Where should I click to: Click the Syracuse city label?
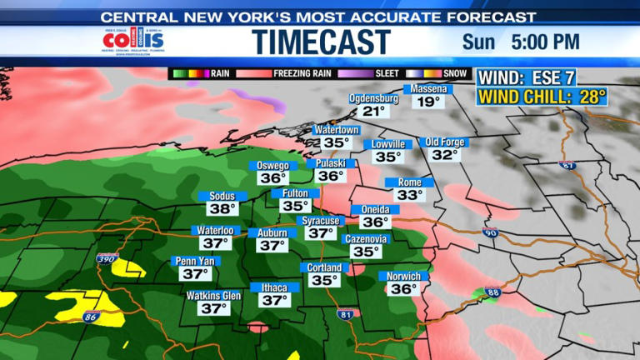pyautogui.click(x=320, y=221)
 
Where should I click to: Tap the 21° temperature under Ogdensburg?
pyautogui.click(x=375, y=111)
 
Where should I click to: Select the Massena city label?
pyautogui.click(x=428, y=89)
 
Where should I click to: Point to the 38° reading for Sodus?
pyautogui.click(x=223, y=208)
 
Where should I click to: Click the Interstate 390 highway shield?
pyautogui.click(x=107, y=258)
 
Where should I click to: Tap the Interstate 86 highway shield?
pyautogui.click(x=92, y=317)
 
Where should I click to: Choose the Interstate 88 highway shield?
pyautogui.click(x=492, y=292)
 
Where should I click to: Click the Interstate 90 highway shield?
pyautogui.click(x=491, y=233)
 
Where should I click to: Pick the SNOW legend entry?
pyautogui.click(x=454, y=73)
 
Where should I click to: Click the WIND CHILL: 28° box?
pyautogui.click(x=542, y=97)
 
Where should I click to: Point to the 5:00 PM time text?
pyautogui.click(x=547, y=41)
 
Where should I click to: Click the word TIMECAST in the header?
pyautogui.click(x=321, y=42)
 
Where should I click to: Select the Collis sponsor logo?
pyautogui.click(x=129, y=42)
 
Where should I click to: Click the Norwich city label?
pyautogui.click(x=404, y=277)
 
